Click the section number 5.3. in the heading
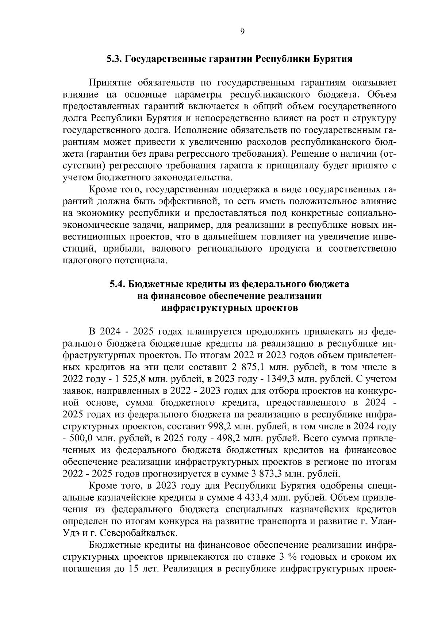pyautogui.click(x=115, y=59)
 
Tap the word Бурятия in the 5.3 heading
pyautogui.click(x=333, y=59)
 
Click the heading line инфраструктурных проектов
pyautogui.click(x=230, y=308)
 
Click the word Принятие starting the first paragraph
pyautogui.click(x=107, y=83)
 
